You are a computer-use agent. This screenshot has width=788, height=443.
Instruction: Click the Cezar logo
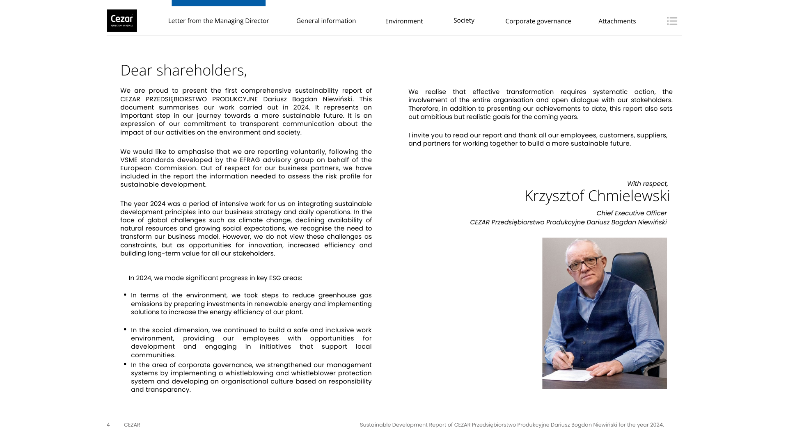tap(122, 21)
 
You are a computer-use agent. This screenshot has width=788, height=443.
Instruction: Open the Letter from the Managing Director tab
tap(218, 21)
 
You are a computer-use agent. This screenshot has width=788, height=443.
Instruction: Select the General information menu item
tap(326, 21)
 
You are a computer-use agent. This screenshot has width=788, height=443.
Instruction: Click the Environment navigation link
tap(404, 21)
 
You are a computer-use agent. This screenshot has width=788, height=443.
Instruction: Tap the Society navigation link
tap(464, 20)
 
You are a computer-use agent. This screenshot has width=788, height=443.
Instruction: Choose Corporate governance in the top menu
tap(538, 21)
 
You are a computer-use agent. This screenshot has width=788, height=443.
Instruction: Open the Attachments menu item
tap(617, 21)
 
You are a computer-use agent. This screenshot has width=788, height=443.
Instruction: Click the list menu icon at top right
tap(672, 21)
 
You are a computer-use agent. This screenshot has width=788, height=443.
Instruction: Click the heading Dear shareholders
tap(183, 70)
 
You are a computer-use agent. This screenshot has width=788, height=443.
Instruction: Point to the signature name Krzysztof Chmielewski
tap(597, 196)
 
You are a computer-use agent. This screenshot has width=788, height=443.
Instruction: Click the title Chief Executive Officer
tap(631, 213)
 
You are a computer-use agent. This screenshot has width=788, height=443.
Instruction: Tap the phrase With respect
tap(647, 184)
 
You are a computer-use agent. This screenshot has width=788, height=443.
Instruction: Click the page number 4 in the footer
tap(108, 425)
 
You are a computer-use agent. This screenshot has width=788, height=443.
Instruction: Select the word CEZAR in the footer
tap(132, 425)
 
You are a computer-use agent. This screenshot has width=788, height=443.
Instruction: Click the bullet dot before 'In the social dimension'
tap(125, 329)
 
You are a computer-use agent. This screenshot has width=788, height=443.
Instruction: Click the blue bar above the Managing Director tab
tap(218, 3)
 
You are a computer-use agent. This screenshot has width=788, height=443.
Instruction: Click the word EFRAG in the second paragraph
tap(250, 160)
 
